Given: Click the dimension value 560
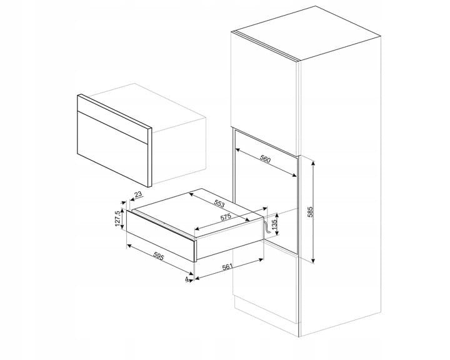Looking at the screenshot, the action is pyautogui.click(x=265, y=159).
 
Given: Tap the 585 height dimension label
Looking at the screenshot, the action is pyautogui.click(x=309, y=212).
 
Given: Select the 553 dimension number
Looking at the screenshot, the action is pyautogui.click(x=219, y=204).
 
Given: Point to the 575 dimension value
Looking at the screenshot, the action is pyautogui.click(x=226, y=217).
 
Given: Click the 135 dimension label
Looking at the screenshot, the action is pyautogui.click(x=274, y=224).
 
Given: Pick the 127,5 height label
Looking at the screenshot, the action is pyautogui.click(x=117, y=219).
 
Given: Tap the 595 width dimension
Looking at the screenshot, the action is pyautogui.click(x=158, y=256).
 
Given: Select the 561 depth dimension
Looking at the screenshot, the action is pyautogui.click(x=227, y=267).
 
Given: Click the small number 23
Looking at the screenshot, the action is pyautogui.click(x=138, y=194).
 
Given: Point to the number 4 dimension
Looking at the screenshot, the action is pyautogui.click(x=186, y=279).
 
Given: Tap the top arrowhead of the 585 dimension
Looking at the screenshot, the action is pyautogui.click(x=313, y=163).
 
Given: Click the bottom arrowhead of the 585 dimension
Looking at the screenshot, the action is pyautogui.click(x=313, y=260).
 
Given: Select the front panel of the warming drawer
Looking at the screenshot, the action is pyautogui.click(x=161, y=236).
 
